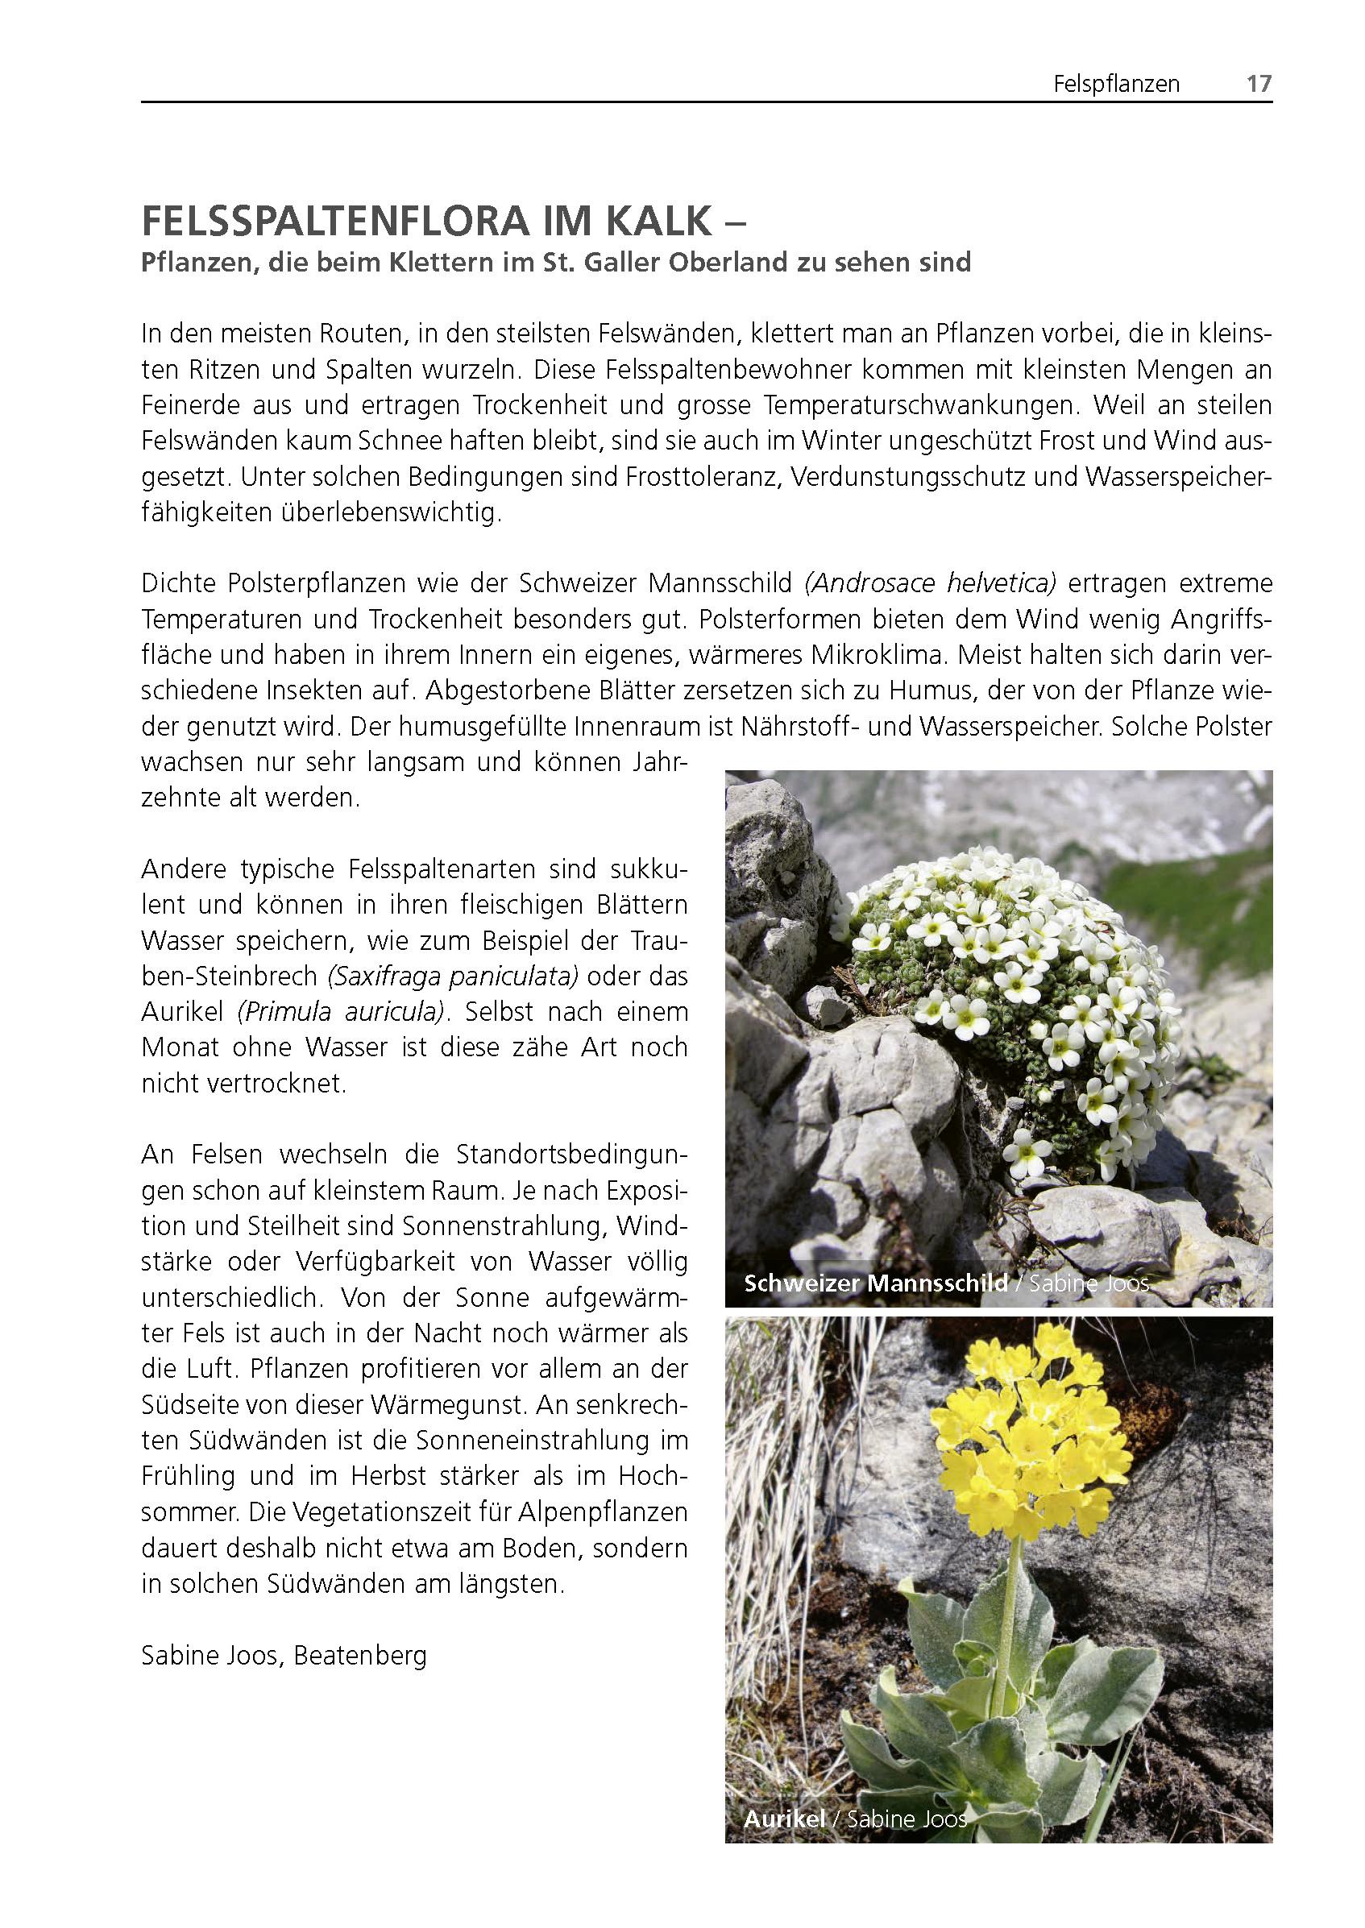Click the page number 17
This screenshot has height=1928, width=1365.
[x=1259, y=84]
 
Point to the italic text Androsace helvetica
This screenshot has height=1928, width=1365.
[x=931, y=583]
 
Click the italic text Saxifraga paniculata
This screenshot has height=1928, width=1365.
[x=453, y=976]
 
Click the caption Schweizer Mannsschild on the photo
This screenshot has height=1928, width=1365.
[x=876, y=1283]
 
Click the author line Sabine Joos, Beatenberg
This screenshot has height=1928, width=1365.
[x=284, y=1656]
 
